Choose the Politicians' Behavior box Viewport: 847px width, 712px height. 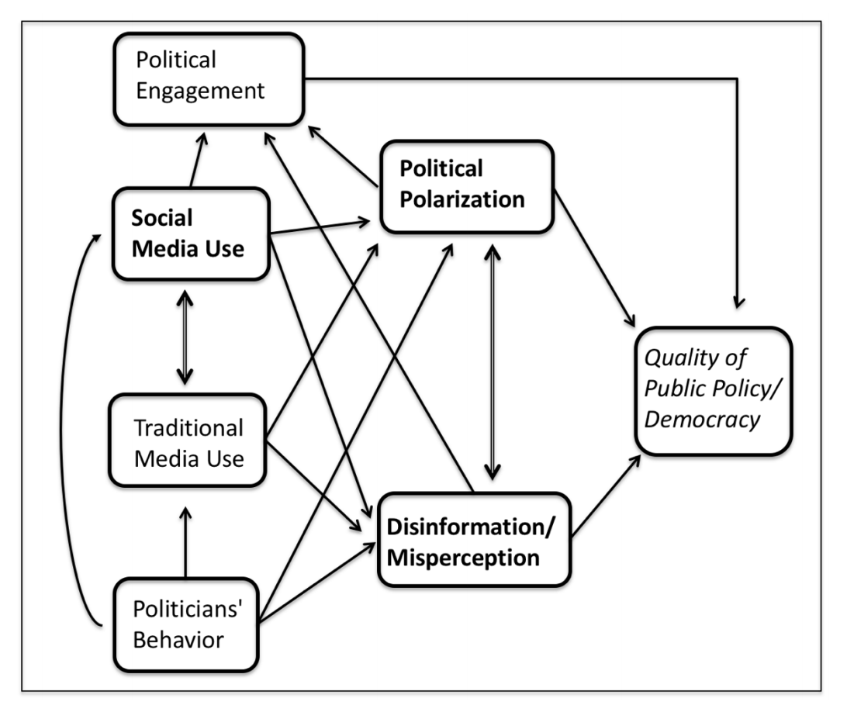[186, 625]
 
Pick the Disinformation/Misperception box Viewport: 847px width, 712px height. [474, 539]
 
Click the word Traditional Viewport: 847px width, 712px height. [188, 428]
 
